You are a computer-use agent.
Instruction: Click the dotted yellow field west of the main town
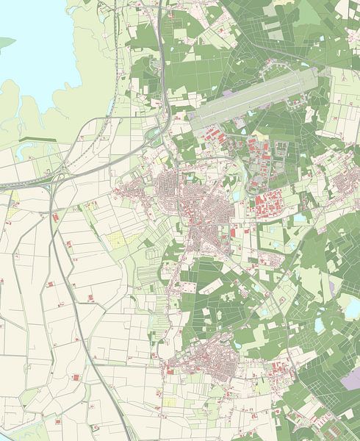118,239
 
